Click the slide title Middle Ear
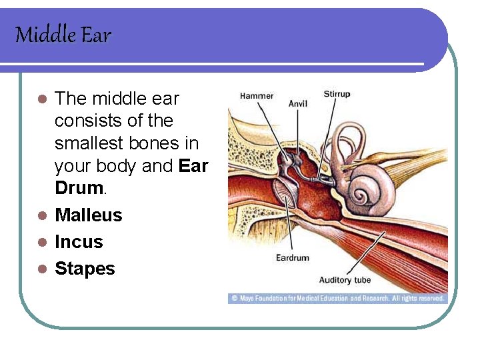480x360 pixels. pos(63,35)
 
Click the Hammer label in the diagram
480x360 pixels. pos(257,96)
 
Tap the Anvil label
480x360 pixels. pos(298,104)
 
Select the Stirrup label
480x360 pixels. pos(337,94)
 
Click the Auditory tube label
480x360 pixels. pos(345,279)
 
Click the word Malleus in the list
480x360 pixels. pos(89,215)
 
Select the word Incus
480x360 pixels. pos(79,242)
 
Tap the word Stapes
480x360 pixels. pos(85,269)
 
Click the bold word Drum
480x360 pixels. pos(78,188)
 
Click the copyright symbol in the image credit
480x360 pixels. pos(234,299)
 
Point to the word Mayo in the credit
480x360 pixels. pos(247,299)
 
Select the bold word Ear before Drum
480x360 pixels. pos(193,166)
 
